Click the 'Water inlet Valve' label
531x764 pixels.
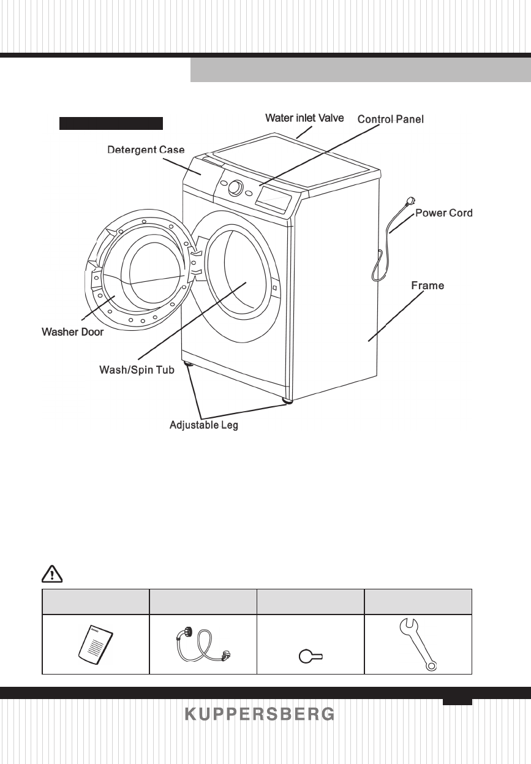304,117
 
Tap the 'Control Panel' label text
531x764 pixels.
390,119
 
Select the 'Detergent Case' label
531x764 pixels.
146,149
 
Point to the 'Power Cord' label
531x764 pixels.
444,213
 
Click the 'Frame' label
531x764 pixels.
427,285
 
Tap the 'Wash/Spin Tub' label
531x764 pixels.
133,370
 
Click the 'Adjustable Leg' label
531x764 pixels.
203,425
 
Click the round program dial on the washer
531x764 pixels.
235,187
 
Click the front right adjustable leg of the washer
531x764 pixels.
287,401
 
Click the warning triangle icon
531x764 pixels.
51,574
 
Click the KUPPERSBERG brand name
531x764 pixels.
260,714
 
